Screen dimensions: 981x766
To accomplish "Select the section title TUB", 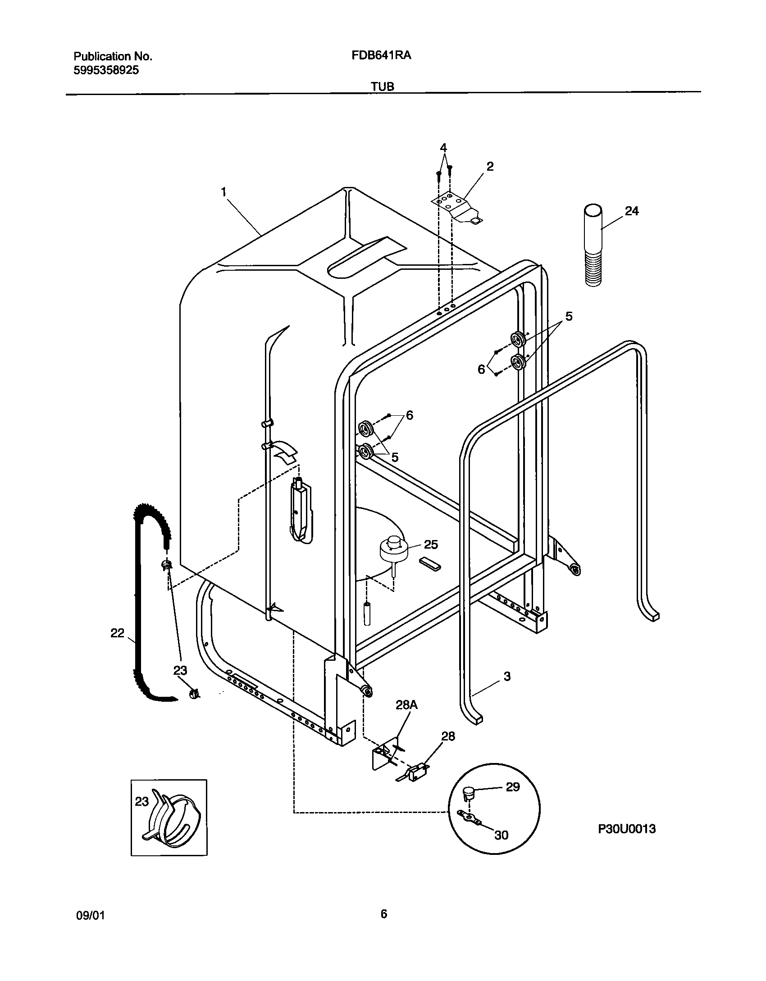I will (383, 86).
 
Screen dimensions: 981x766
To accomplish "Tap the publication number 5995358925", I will (106, 70).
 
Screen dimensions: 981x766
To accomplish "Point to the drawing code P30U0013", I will (627, 828).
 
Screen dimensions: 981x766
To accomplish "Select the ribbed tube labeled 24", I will (593, 245).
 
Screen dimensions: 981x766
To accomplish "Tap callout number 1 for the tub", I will (223, 192).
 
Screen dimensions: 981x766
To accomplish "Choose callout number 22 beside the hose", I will (117, 633).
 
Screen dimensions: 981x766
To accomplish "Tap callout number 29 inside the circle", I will (513, 787).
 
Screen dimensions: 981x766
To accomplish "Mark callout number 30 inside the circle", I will (501, 835).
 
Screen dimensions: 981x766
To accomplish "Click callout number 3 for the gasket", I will (507, 676).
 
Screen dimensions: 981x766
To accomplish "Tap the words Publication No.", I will (113, 56).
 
